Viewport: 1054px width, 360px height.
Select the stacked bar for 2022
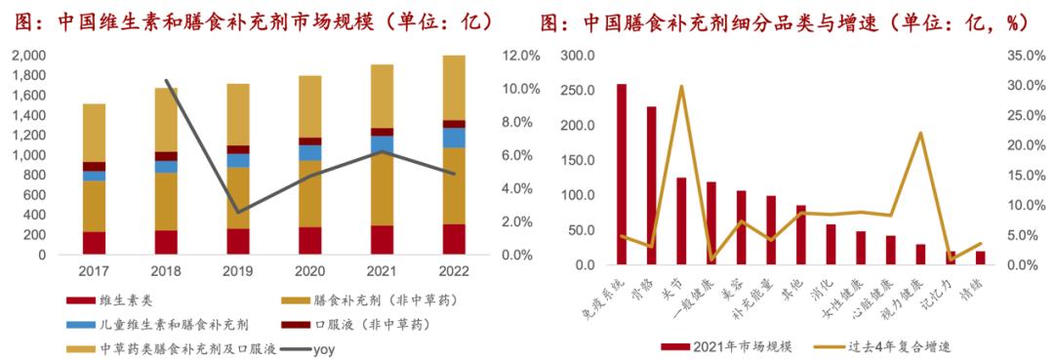[454, 156]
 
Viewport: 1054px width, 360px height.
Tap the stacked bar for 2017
[94, 180]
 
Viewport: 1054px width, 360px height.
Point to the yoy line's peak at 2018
[166, 81]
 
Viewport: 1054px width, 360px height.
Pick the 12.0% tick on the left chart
[519, 56]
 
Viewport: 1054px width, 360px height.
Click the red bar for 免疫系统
[622, 175]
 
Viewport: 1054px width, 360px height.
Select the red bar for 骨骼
[651, 185]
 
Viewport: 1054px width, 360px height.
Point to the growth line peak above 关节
[680, 87]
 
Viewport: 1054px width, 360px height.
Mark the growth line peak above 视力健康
[920, 133]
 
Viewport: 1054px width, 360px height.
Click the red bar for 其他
[800, 235]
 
